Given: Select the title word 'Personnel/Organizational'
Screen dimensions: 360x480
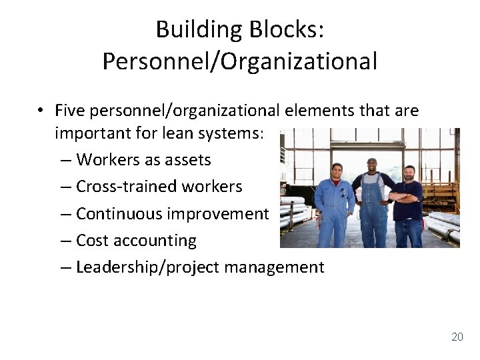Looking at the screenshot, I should coord(240,61).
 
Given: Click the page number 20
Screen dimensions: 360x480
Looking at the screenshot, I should coord(457,337).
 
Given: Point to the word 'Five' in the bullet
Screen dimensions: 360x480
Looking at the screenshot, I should coord(71,110).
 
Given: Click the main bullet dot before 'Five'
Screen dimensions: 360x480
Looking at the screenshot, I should coord(41,111).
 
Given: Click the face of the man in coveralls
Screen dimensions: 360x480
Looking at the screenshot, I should coord(337,171).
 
